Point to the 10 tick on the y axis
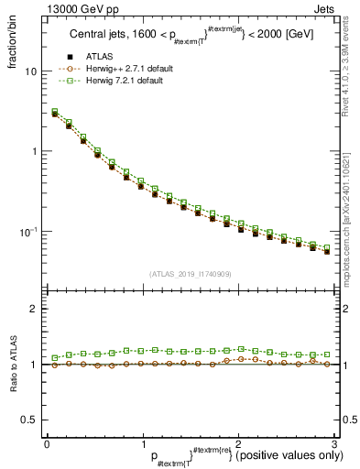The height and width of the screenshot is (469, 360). click(30, 71)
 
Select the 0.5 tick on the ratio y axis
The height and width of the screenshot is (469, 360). click(28, 420)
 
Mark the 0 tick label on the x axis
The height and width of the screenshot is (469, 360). click(47, 442)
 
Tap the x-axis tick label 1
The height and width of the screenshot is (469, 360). click(142, 442)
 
